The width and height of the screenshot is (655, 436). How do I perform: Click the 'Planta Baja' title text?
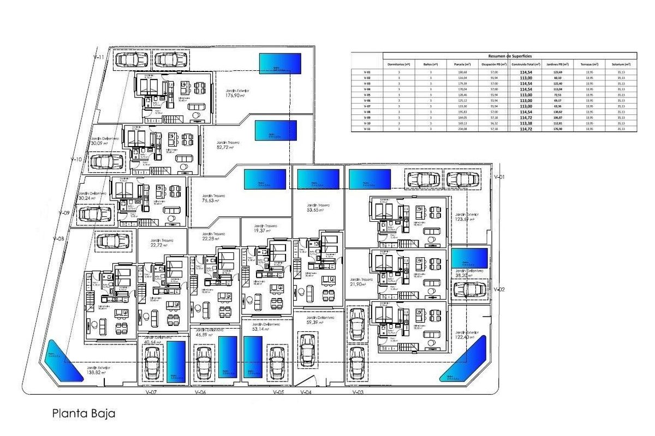tap(84, 414)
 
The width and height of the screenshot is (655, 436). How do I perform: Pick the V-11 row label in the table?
tap(367, 129)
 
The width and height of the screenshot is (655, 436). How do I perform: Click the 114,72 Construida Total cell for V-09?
tap(526, 118)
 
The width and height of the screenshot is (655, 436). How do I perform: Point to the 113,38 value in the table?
tap(526, 124)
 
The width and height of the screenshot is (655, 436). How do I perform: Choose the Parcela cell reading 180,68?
tap(462, 72)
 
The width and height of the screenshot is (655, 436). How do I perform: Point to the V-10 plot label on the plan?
tap(76, 160)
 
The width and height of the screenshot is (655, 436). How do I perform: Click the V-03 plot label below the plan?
tap(358, 392)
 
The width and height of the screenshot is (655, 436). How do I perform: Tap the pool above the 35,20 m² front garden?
tap(469, 258)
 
